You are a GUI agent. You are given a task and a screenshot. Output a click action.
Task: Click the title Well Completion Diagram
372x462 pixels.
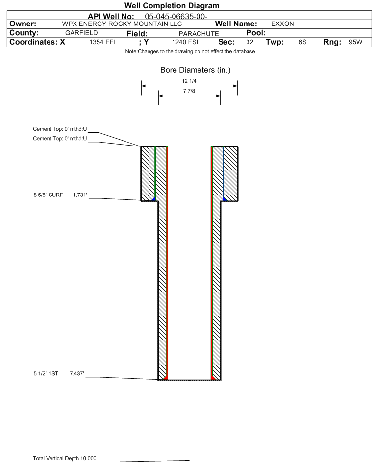[172, 5]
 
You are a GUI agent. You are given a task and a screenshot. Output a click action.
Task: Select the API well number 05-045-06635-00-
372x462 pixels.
[176, 17]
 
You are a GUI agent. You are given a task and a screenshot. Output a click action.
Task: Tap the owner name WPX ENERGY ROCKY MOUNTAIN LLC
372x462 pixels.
[122, 24]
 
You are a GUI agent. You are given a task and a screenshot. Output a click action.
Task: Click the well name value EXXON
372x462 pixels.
[282, 24]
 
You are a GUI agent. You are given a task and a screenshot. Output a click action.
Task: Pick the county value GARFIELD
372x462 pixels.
[81, 33]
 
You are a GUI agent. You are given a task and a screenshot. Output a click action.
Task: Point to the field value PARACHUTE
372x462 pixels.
[198, 34]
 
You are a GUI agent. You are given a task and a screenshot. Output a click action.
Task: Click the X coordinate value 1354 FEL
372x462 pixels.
[103, 42]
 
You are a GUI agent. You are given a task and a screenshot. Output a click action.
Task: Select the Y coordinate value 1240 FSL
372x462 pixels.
[186, 42]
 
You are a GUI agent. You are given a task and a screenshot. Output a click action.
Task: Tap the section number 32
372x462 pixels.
[249, 42]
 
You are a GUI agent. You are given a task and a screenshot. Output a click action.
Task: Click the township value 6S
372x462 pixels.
[302, 42]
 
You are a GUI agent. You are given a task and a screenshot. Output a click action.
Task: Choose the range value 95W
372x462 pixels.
[355, 42]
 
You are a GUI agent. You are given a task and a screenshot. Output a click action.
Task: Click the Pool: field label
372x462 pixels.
[256, 33]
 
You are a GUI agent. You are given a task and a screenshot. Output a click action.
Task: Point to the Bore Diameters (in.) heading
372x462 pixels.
[196, 70]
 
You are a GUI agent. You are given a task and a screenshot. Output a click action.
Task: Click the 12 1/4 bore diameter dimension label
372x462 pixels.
[189, 81]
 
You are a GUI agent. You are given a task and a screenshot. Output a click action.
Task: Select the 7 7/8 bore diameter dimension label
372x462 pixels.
[189, 91]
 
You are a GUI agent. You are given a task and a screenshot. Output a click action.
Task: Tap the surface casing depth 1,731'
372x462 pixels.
[80, 195]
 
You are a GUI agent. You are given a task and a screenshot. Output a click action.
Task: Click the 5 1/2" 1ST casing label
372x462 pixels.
[46, 374]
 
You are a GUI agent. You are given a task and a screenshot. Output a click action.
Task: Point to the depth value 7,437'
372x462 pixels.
[77, 374]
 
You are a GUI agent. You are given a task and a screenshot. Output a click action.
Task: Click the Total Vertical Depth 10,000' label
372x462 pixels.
[65, 458]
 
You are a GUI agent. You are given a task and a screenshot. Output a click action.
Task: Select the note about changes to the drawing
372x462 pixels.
[190, 51]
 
